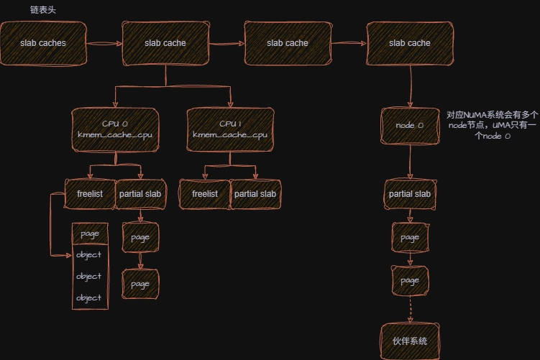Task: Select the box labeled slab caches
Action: [x=43, y=43]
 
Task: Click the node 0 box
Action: [x=410, y=126]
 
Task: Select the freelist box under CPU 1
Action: [x=204, y=194]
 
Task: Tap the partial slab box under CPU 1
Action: [x=255, y=194]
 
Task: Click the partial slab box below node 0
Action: [x=410, y=195]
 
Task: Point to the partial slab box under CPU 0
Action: [x=140, y=194]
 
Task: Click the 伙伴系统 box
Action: [x=410, y=341]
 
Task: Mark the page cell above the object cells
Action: [x=90, y=234]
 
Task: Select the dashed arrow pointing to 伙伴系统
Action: [x=410, y=309]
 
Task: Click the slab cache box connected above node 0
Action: [x=410, y=43]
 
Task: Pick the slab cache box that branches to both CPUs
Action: [x=165, y=43]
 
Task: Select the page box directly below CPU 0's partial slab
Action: [x=140, y=237]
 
